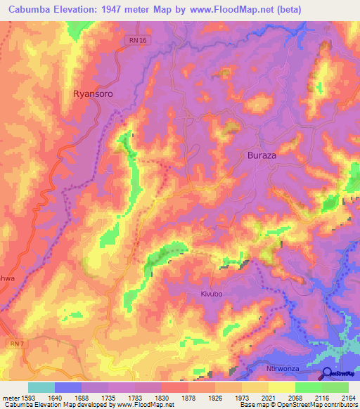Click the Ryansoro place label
93,93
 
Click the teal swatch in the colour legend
41,387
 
